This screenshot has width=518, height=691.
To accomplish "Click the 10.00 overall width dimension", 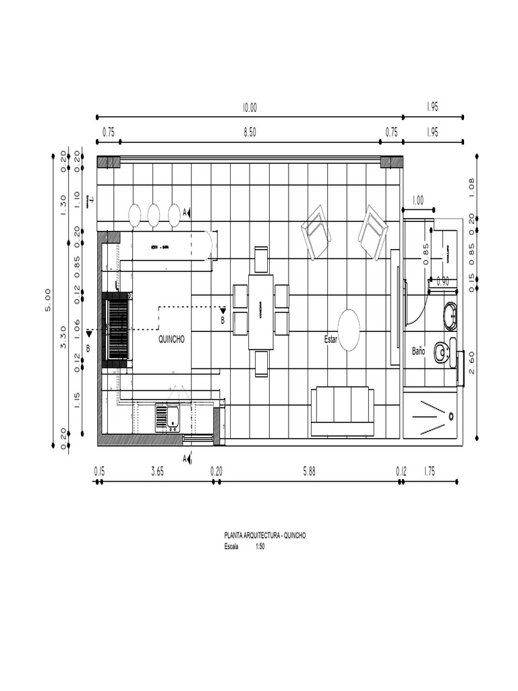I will click(x=250, y=107).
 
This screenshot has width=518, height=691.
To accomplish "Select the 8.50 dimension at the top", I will click(x=250, y=132).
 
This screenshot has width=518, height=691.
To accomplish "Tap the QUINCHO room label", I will click(x=171, y=339).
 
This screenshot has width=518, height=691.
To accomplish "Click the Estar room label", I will click(x=330, y=339).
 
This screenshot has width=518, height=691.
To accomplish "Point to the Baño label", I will click(x=418, y=352).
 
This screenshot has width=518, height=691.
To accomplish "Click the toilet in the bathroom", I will click(x=442, y=351).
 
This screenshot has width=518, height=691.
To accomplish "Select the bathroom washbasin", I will click(x=450, y=316).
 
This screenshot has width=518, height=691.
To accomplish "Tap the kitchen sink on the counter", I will click(x=167, y=417).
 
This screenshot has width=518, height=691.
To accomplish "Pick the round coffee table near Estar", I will click(x=349, y=330).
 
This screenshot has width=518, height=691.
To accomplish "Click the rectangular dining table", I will click(x=260, y=312).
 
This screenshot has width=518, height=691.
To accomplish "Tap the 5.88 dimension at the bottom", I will click(x=309, y=472).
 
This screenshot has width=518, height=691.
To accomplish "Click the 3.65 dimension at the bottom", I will click(x=157, y=472).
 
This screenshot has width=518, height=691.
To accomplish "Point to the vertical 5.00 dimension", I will click(x=48, y=300).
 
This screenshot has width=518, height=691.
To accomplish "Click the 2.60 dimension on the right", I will click(x=472, y=362).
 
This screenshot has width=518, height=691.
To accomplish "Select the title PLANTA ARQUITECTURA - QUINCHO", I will click(x=265, y=535).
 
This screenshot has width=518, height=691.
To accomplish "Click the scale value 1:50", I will click(x=260, y=547).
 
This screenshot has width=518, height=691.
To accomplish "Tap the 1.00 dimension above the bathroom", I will click(x=418, y=200).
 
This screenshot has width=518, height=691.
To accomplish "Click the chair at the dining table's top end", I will click(x=261, y=259).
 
